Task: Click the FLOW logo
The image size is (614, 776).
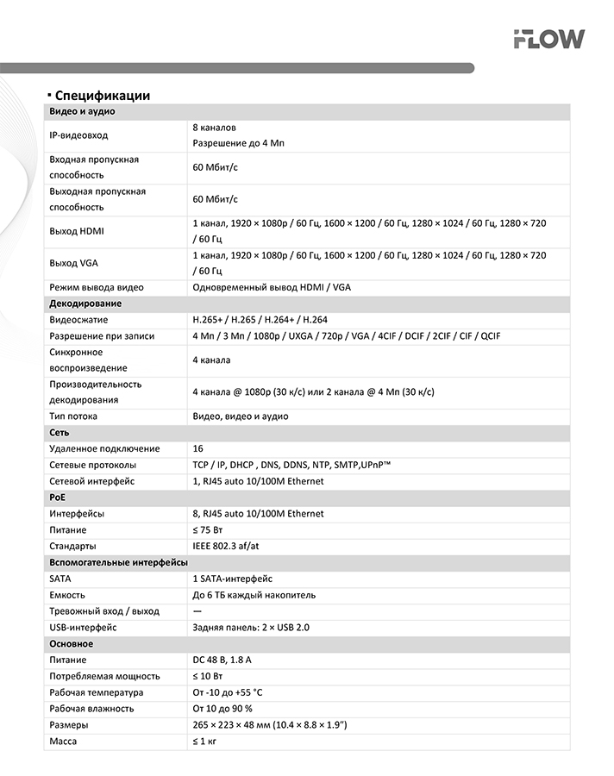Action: [x=548, y=39]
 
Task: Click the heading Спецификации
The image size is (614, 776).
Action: [x=102, y=96]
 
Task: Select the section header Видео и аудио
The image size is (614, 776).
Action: [x=83, y=112]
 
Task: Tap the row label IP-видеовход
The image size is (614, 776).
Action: [x=79, y=135]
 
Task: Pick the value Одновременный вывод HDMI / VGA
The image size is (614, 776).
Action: [x=272, y=287]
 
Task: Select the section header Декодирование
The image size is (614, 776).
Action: [x=85, y=304]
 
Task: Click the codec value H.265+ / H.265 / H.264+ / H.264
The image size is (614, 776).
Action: [x=260, y=320]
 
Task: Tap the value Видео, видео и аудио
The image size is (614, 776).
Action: [x=241, y=416]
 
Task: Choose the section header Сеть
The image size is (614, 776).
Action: [x=60, y=433]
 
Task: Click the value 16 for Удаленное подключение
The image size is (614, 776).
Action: [x=198, y=449]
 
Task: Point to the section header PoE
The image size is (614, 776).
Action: [x=58, y=498]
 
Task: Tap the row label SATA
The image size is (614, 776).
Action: [x=60, y=579]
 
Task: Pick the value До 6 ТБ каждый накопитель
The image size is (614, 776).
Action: [x=254, y=595]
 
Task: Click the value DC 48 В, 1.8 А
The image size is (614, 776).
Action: [x=222, y=660]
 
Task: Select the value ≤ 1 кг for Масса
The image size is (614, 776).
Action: [x=204, y=742]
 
